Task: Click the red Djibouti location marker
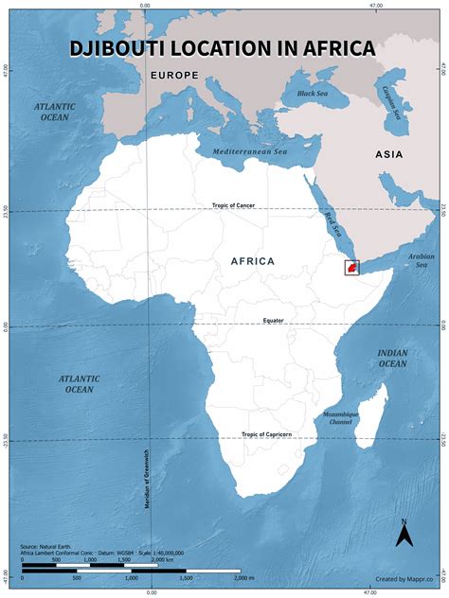coord(351,269)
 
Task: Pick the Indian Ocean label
coord(393,358)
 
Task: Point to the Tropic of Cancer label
coord(233,205)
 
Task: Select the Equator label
coord(274,321)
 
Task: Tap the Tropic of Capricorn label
coord(266,434)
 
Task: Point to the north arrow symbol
coord(404,534)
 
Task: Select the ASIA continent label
coord(388,154)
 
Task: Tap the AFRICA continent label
coord(252,260)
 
